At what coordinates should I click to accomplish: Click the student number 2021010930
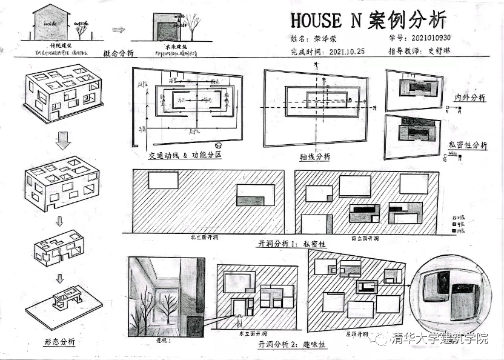[431, 38]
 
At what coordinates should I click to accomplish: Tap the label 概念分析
[120, 53]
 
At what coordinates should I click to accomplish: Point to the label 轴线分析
[315, 156]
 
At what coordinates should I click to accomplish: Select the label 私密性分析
[468, 145]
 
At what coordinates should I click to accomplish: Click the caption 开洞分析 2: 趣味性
[292, 344]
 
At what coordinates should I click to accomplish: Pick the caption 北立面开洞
[204, 238]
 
